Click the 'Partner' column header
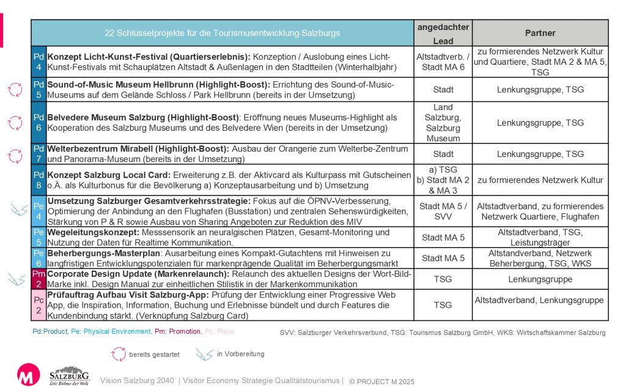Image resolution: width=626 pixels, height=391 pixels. (540, 32)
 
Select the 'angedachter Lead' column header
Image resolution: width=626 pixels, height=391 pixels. (443, 32)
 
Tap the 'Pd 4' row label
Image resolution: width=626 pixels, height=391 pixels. (38, 61)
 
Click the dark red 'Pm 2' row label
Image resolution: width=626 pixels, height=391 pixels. (38, 279)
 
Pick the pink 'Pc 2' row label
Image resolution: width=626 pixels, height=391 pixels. (38, 304)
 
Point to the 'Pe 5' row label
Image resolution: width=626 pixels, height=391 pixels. (38, 237)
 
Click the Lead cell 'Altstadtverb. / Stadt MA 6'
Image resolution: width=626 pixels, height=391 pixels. (443, 61)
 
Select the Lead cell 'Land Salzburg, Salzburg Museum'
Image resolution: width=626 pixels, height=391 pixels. (443, 123)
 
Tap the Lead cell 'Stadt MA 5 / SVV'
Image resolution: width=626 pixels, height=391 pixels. (443, 211)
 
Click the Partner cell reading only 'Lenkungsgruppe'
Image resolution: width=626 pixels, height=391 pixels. (540, 279)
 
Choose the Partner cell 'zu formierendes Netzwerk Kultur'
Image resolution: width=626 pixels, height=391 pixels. (540, 180)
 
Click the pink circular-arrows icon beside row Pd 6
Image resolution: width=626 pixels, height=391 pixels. (15, 123)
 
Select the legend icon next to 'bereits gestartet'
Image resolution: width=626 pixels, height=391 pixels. (117, 354)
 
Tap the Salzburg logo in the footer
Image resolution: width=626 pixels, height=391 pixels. (70, 376)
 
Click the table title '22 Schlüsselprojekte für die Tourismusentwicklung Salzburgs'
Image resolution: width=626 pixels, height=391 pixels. (223, 32)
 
